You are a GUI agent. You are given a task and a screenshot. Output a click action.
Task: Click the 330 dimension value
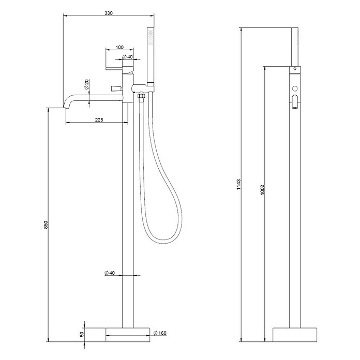[x=109, y=13]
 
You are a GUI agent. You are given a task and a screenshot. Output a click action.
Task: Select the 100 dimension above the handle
[x=119, y=47]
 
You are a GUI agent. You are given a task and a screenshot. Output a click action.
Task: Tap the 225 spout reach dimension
[x=99, y=119]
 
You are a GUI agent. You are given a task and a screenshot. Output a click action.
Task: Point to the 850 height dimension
[x=46, y=225]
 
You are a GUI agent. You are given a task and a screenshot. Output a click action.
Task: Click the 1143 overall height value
[x=239, y=184]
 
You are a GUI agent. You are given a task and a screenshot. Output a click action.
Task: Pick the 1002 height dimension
[x=263, y=190]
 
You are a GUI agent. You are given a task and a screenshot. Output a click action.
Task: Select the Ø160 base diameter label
[x=160, y=333]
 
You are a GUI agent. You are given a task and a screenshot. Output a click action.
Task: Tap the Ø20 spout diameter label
[x=86, y=84]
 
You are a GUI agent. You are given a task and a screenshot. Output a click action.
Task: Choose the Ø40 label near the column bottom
[x=110, y=273]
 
